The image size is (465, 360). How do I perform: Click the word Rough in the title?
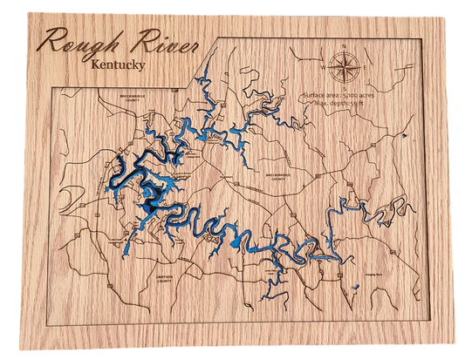[x=81, y=44]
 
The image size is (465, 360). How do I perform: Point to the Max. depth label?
[x=329, y=103]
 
